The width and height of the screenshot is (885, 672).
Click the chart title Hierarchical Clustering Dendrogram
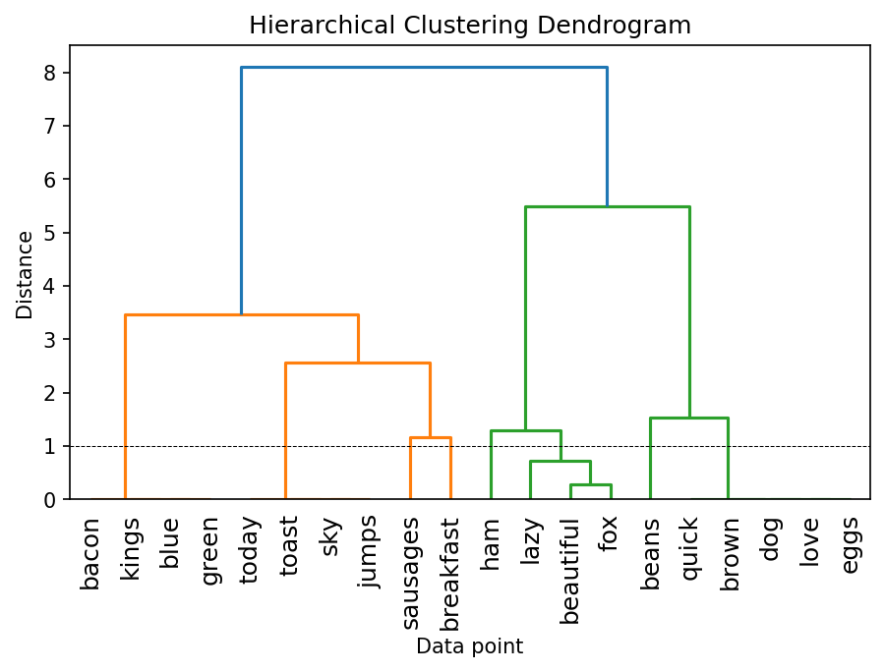pos(469,26)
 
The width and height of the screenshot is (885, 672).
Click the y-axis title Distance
pos(25,274)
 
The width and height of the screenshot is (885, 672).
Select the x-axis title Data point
pos(469,646)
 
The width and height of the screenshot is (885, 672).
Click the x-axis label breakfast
pos(451,574)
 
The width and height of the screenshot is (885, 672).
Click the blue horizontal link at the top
pos(424,67)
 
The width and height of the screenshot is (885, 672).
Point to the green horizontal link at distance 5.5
pos(607,206)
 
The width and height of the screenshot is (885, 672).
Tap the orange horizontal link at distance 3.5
pos(241,314)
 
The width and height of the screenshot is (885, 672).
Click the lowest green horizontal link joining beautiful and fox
pos(591,485)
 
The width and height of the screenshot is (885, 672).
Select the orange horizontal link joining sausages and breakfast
pos(431,437)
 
